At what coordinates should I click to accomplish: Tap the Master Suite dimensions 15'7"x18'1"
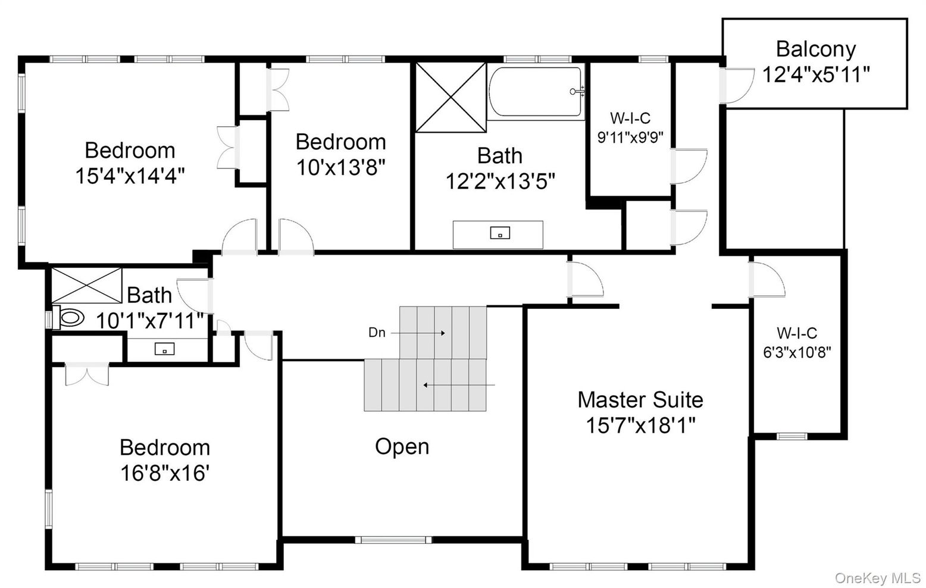(640, 425)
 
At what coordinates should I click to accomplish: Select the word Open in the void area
(402, 446)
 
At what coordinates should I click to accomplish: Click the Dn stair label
(377, 333)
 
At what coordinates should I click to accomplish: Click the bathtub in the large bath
(536, 92)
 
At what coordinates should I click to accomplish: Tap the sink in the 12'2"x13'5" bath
(500, 233)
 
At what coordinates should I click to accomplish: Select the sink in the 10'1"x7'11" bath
(164, 349)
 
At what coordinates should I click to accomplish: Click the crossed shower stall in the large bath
(451, 98)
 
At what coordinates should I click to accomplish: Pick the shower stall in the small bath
(87, 285)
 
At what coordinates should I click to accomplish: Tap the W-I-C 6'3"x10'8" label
(797, 343)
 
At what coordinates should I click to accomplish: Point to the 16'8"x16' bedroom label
(165, 460)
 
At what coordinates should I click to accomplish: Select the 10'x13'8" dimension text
(340, 167)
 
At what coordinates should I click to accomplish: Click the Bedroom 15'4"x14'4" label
(130, 162)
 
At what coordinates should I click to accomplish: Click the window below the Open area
(393, 540)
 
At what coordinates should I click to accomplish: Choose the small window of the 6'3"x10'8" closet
(792, 436)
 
